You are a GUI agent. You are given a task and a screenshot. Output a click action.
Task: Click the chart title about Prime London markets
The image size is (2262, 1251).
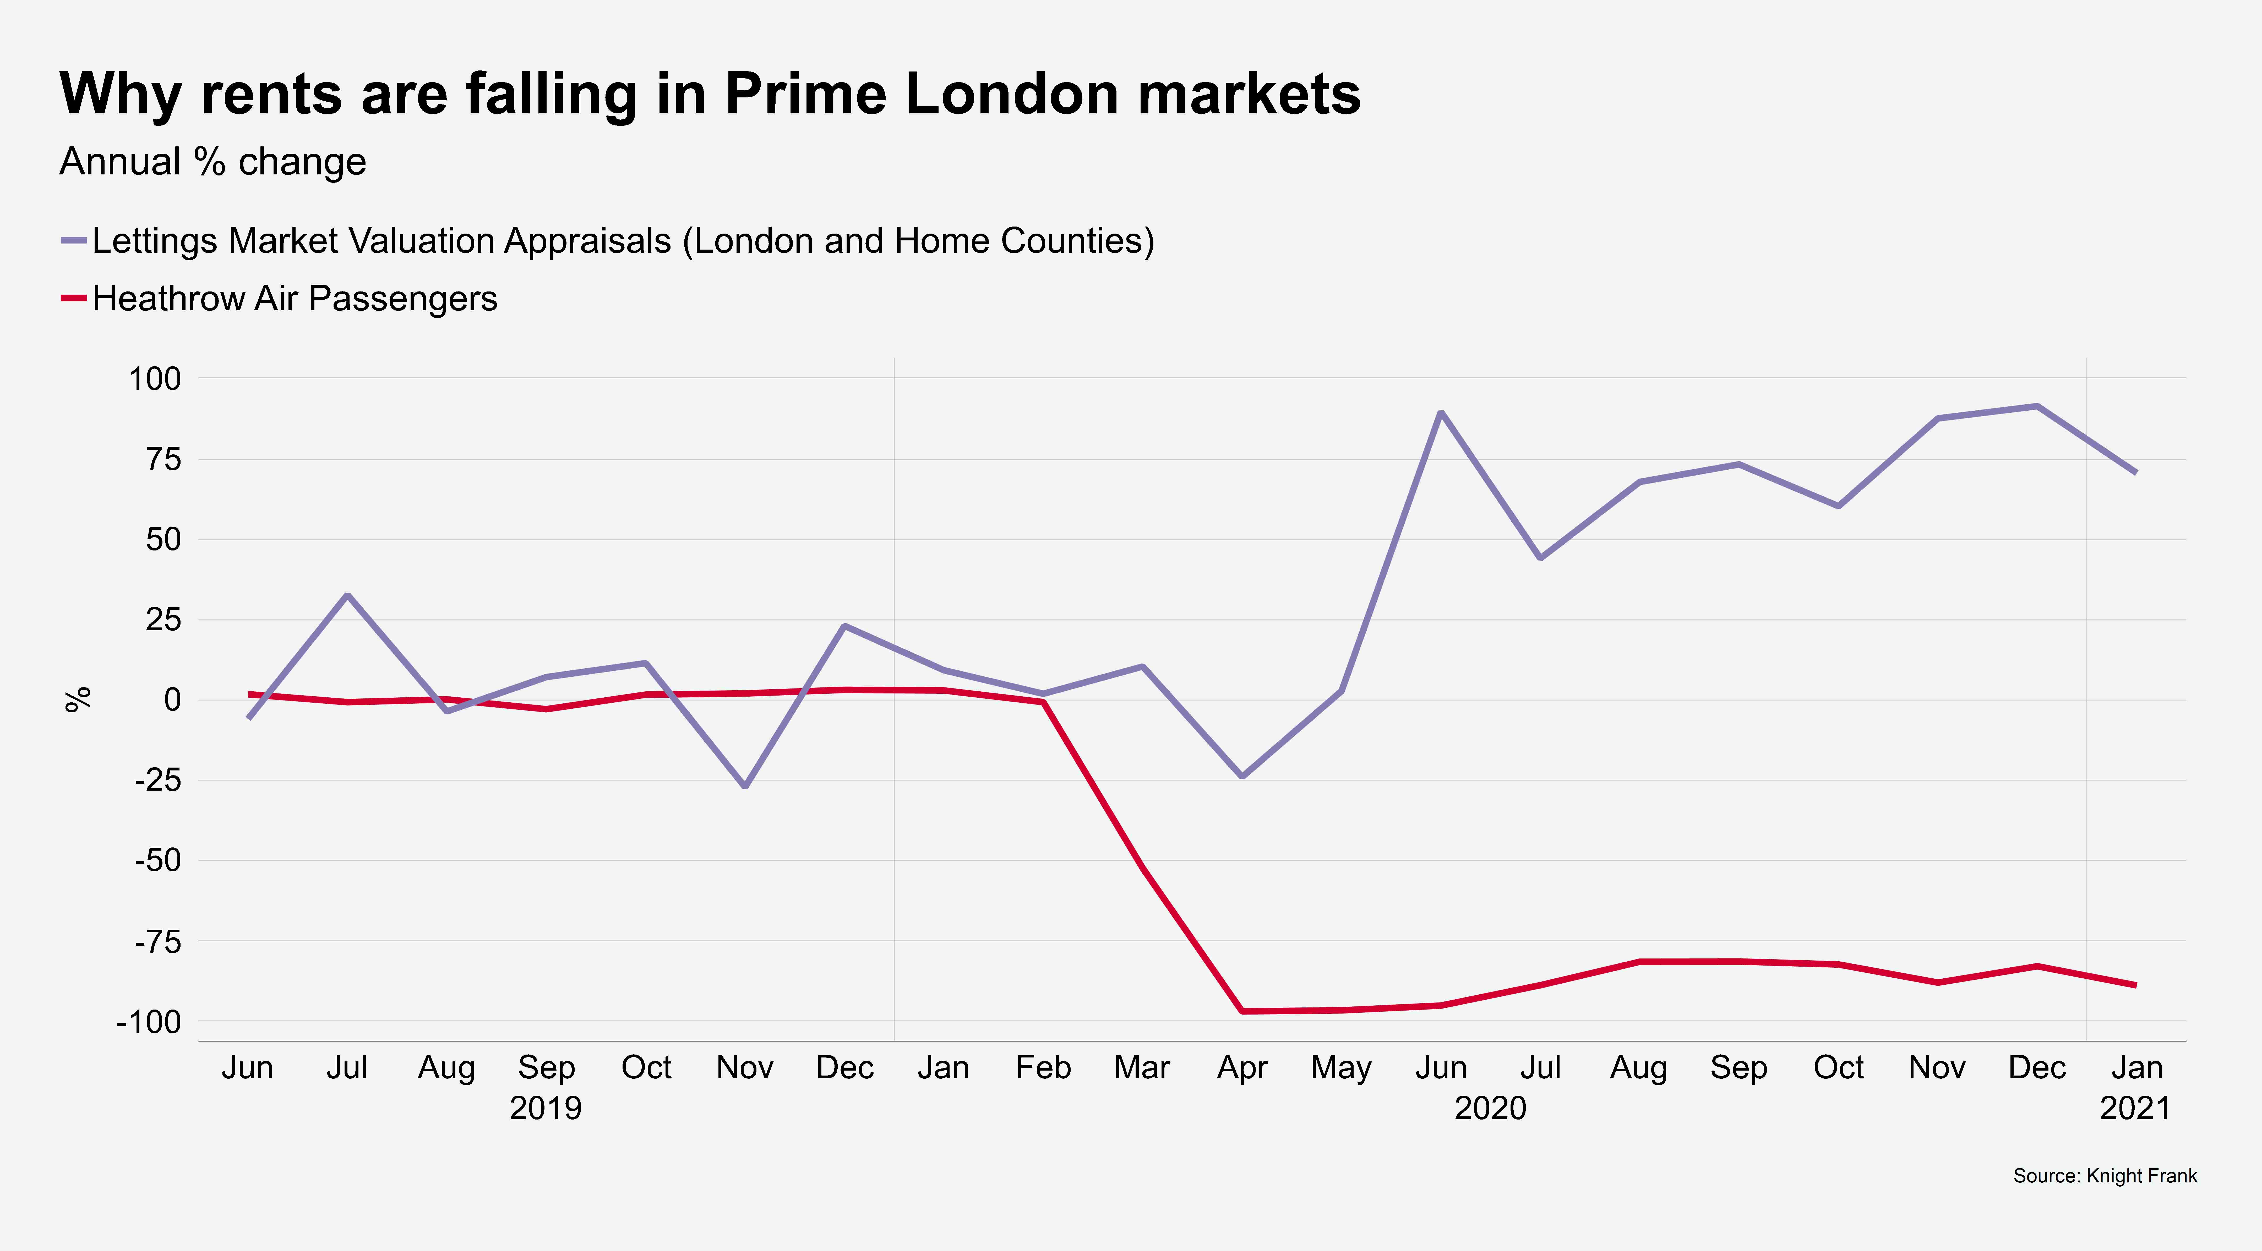[710, 93]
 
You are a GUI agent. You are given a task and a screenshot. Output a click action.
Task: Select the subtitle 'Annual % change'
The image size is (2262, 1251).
[212, 162]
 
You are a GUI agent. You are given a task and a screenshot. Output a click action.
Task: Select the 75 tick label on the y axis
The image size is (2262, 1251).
[163, 459]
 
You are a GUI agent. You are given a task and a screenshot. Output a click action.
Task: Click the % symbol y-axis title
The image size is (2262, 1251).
[78, 700]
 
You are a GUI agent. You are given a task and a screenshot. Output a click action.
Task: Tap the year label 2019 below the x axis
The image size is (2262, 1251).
[545, 1108]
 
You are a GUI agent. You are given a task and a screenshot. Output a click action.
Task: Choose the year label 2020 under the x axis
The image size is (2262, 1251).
[1490, 1108]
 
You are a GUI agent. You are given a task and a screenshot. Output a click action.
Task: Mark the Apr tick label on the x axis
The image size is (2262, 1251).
[1242, 1067]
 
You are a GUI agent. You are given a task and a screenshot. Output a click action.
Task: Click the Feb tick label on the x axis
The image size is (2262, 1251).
[1043, 1067]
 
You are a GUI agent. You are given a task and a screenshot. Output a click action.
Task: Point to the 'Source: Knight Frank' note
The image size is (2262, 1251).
[2105, 1176]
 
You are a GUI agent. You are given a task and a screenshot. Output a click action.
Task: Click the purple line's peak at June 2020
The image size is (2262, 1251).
[1441, 412]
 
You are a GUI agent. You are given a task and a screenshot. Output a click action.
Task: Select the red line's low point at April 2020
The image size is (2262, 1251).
[1242, 1011]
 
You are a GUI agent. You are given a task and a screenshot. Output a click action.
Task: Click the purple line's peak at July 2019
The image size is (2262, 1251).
[348, 595]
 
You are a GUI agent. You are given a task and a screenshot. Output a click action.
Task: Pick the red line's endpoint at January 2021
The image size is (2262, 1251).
[2135, 985]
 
